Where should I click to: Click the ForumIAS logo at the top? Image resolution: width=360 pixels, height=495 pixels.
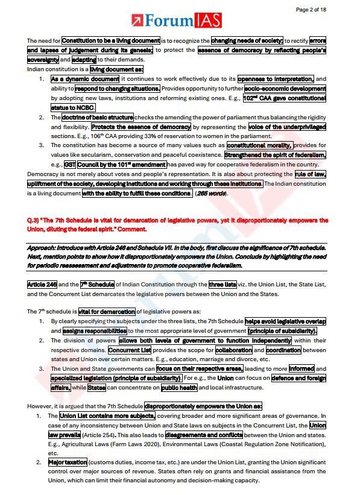click(180, 21)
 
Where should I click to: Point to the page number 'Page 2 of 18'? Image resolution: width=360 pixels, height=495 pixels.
click(328, 9)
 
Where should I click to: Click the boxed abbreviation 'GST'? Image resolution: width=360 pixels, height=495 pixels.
click(70, 164)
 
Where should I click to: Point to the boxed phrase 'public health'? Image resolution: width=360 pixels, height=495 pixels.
click(180, 387)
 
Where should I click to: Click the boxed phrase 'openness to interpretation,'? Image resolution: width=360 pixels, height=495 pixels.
click(276, 79)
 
